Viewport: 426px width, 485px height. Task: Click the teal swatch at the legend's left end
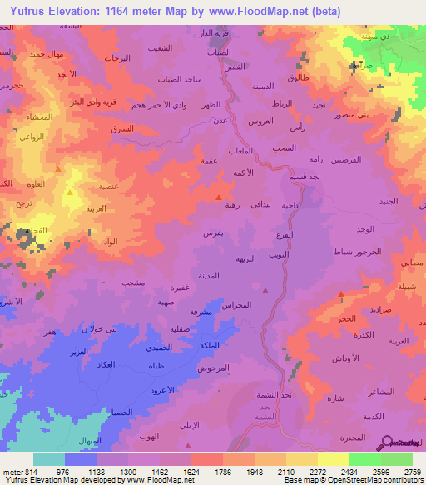(48, 458)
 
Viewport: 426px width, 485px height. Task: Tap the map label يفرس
(212, 234)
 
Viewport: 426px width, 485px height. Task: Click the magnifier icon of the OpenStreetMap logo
(389, 442)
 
